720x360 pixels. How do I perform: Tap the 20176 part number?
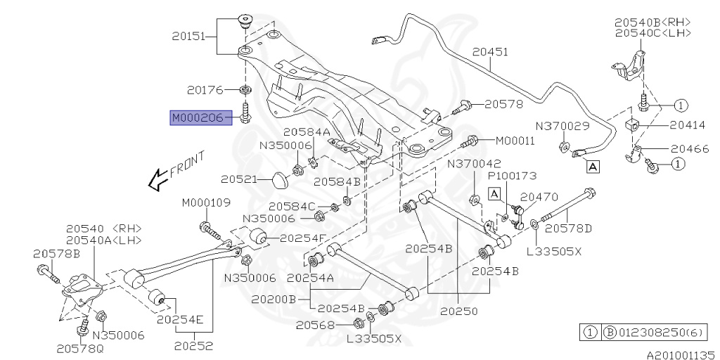pos(205,90)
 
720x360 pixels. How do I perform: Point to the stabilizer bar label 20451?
pos(489,52)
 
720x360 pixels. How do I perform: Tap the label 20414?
pos(686,125)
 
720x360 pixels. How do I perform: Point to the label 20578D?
pos(568,228)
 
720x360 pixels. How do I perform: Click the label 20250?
pos(458,310)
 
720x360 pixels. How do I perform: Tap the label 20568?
pos(314,324)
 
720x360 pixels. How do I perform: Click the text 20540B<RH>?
pos(652,22)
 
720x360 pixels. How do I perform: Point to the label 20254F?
pos(302,238)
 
